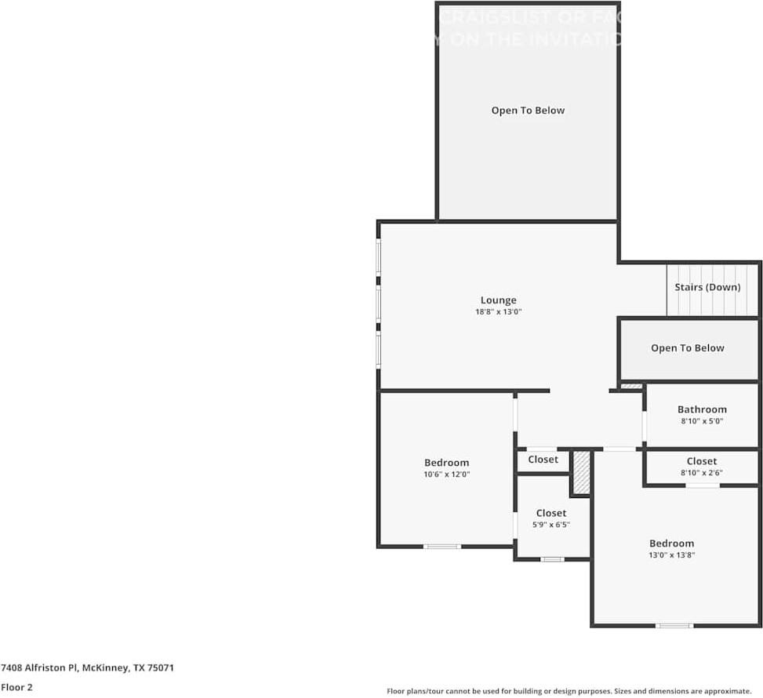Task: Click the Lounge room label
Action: [x=498, y=300]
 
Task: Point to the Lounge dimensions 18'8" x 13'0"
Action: [x=498, y=312]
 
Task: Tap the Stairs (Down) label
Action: [x=707, y=287]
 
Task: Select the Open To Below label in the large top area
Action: [x=528, y=111]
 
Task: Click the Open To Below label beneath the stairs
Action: [x=688, y=347]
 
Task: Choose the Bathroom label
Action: [x=702, y=409]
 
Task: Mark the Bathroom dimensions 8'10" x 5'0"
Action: [x=702, y=421]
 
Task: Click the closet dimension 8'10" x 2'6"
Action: [x=702, y=473]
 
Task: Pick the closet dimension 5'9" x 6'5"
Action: [x=551, y=525]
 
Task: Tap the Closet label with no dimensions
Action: [x=543, y=459]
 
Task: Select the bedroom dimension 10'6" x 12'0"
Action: [x=446, y=474]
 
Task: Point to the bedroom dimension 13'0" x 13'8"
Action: [x=671, y=555]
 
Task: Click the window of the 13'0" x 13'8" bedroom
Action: [x=674, y=625]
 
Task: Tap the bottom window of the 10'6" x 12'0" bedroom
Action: [x=442, y=546]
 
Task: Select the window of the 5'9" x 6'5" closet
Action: [x=552, y=559]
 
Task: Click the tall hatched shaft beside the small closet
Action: [x=580, y=473]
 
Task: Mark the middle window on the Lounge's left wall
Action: [x=378, y=304]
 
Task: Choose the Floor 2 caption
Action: [x=16, y=687]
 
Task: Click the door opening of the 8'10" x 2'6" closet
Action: [x=703, y=485]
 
